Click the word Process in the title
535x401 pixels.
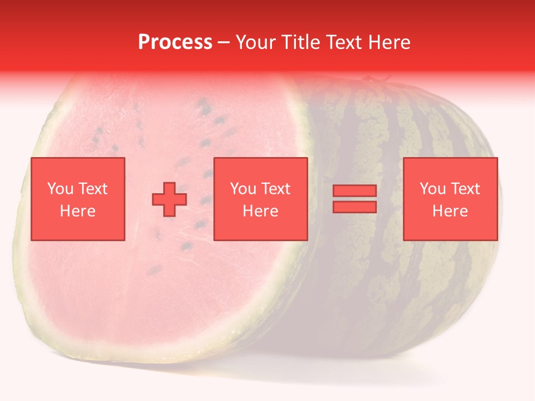point(175,42)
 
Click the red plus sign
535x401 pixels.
point(169,199)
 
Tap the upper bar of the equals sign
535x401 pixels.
point(354,191)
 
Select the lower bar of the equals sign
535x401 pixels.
point(354,207)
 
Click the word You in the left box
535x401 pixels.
point(60,189)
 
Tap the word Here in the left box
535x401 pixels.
point(77,211)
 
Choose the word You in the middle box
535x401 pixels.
point(243,189)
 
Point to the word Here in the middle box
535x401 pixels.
point(261,211)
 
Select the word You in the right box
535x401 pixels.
point(432,189)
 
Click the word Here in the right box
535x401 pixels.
point(450,211)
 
